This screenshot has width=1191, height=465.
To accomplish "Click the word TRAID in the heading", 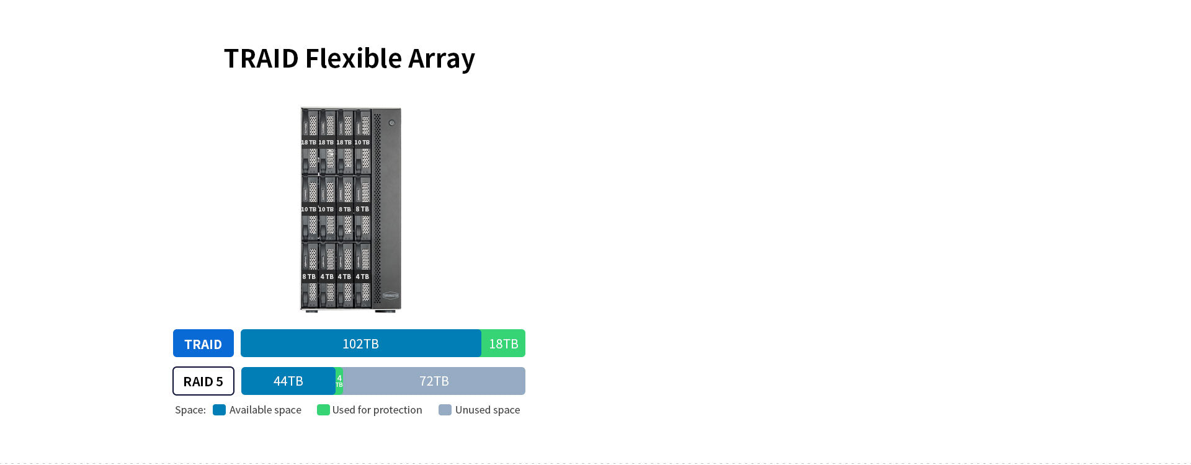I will [x=261, y=59].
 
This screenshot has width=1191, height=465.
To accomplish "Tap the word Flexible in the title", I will [x=354, y=59].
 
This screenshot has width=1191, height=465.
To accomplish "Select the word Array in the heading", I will [x=441, y=59].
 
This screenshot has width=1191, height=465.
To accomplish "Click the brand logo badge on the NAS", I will [x=391, y=296].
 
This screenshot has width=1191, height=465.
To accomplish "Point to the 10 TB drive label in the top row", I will [x=362, y=143].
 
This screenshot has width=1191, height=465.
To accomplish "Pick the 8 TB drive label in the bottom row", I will [x=309, y=277].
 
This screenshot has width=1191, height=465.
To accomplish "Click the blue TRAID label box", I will [x=203, y=343].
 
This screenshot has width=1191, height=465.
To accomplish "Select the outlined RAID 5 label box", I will [x=203, y=381].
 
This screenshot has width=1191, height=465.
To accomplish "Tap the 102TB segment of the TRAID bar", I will [x=360, y=343].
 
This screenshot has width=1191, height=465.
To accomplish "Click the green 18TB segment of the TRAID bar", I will [x=503, y=343].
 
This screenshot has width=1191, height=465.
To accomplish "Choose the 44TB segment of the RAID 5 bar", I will [x=288, y=381].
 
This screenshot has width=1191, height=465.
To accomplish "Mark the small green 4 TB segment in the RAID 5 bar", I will [x=339, y=381].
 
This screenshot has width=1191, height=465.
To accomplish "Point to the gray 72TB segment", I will [x=434, y=381].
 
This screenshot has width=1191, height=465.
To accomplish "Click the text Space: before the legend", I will [x=190, y=410].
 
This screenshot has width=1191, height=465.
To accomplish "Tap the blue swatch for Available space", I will [x=219, y=410].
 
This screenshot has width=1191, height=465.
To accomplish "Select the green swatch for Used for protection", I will [x=323, y=410].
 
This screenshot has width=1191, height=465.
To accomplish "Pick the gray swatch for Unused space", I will [x=445, y=410].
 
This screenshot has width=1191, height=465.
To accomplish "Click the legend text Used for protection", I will [x=377, y=410].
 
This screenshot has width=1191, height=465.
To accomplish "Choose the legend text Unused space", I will [x=488, y=410].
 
